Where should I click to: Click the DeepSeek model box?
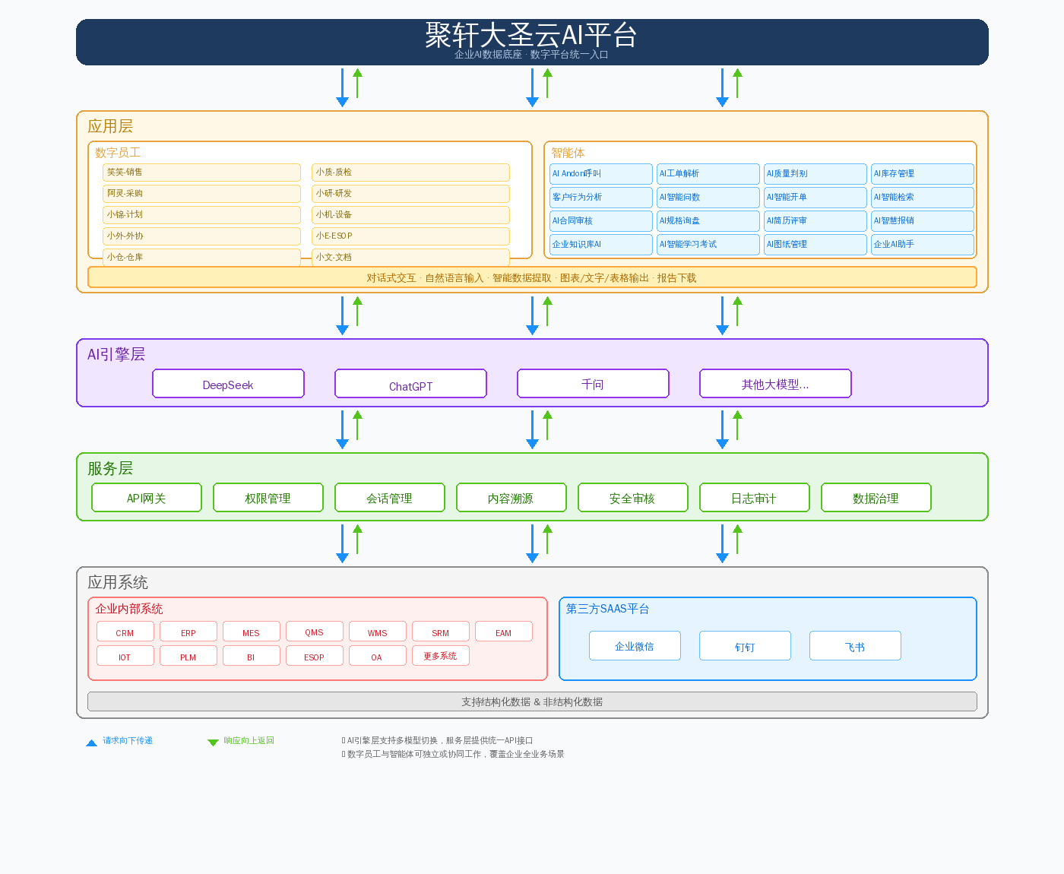point(228,384)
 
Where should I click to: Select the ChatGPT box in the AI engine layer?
point(410,384)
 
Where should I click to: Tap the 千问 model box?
point(593,384)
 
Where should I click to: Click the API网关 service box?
point(147,498)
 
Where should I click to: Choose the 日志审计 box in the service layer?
point(754,498)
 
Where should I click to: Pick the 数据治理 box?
point(876,498)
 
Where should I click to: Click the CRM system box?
point(125,632)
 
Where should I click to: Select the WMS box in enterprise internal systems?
point(378,632)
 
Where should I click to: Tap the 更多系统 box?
point(441,656)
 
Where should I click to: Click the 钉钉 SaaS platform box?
point(745,646)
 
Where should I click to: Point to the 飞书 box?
point(855,646)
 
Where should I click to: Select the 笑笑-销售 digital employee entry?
point(201,172)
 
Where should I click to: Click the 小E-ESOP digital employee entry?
point(410,236)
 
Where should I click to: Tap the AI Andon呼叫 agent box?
point(601,173)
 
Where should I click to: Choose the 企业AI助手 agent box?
point(922,244)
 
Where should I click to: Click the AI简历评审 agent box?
point(815,220)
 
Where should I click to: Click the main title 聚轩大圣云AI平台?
point(531,34)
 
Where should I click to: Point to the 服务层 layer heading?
point(110,468)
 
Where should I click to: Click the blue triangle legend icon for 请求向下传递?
point(91,743)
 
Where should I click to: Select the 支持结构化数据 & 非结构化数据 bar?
point(532,701)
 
